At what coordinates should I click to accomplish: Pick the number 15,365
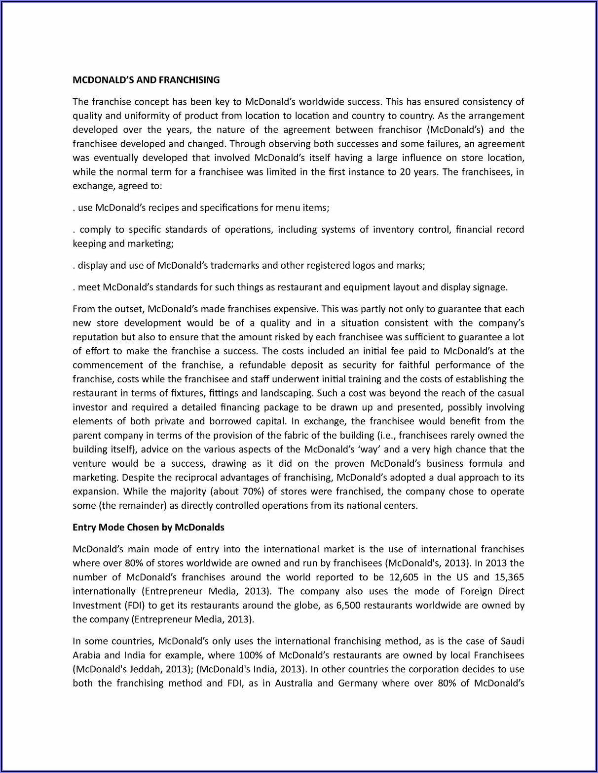click(x=509, y=577)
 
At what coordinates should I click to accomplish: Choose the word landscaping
click(x=286, y=394)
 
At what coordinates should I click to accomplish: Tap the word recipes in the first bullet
click(x=160, y=208)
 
